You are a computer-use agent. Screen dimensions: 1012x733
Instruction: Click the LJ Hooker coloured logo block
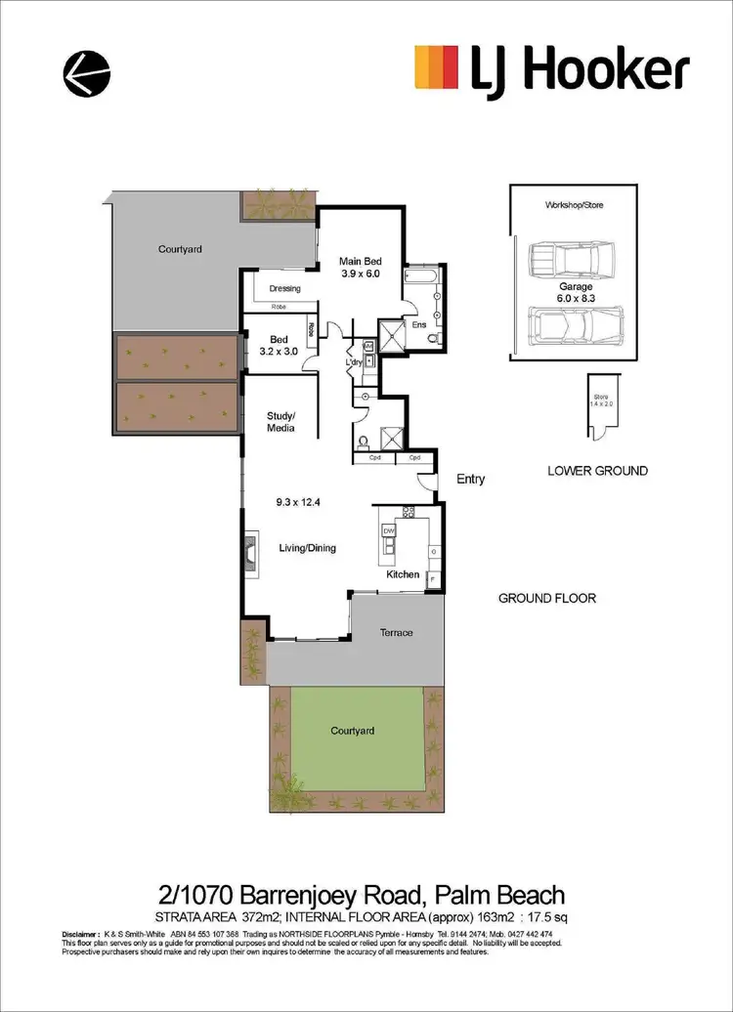pyautogui.click(x=437, y=69)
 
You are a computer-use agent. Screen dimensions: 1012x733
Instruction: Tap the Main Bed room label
pyautogui.click(x=360, y=261)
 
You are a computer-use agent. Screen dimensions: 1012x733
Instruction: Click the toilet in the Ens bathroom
pyautogui.click(x=434, y=337)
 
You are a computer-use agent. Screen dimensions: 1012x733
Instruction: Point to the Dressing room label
pyautogui.click(x=284, y=288)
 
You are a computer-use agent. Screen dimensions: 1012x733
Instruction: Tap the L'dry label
pyautogui.click(x=354, y=363)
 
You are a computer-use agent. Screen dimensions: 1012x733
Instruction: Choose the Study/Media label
pyautogui.click(x=280, y=421)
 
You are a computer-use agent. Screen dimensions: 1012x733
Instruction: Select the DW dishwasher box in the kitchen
pyautogui.click(x=388, y=529)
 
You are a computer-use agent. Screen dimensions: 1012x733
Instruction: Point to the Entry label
pyautogui.click(x=470, y=480)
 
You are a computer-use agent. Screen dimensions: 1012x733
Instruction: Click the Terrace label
pyautogui.click(x=396, y=632)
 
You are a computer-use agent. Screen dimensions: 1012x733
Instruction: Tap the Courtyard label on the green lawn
pyautogui.click(x=351, y=730)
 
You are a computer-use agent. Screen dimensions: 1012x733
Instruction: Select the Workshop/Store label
pyautogui.click(x=572, y=206)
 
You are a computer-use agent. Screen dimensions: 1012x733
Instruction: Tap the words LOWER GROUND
pyautogui.click(x=596, y=471)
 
